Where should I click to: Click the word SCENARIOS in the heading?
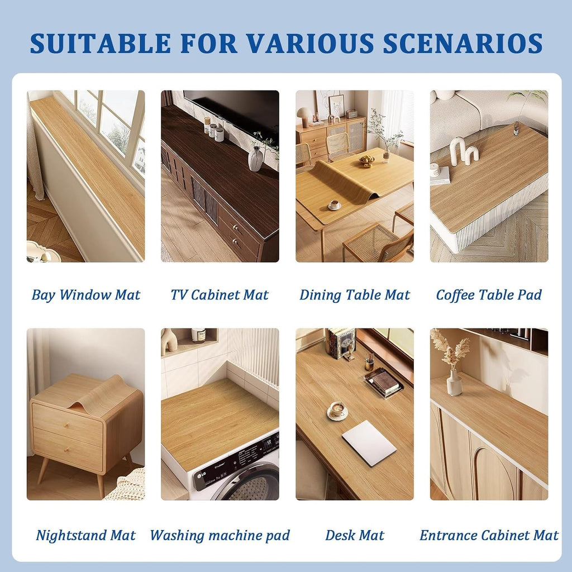click(463, 44)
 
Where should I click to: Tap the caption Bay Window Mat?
click(85, 295)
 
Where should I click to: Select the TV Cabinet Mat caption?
click(220, 295)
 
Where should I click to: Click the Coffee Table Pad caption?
click(489, 295)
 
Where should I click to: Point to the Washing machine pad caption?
click(220, 535)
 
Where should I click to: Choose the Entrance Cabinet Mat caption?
click(489, 535)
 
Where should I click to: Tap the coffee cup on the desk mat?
click(337, 411)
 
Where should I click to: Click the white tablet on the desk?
click(369, 443)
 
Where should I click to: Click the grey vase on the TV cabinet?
click(255, 159)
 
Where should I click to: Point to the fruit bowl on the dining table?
click(366, 160)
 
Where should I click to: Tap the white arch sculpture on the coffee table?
click(461, 151)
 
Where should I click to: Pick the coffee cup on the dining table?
click(334, 206)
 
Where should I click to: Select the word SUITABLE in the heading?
click(101, 44)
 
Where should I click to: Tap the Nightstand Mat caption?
click(85, 535)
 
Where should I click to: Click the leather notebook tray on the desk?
click(383, 383)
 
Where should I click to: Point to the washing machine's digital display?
click(269, 442)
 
